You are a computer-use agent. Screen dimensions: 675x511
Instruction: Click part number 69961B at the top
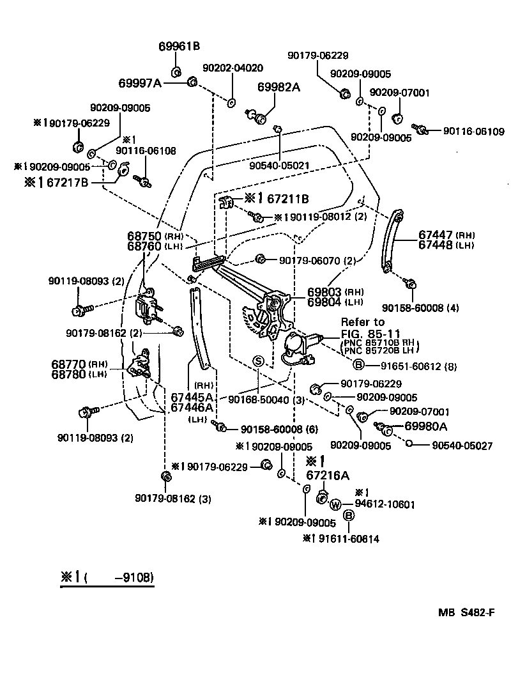click(x=179, y=46)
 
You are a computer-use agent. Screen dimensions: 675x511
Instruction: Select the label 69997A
click(x=141, y=83)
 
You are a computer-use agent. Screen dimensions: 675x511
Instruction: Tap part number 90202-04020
click(x=233, y=68)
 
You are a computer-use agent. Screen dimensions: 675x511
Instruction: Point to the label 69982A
click(x=278, y=87)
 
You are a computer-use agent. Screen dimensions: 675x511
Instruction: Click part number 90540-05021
click(x=280, y=165)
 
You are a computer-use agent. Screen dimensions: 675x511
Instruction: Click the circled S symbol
click(x=258, y=361)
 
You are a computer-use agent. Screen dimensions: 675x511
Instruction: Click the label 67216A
click(x=328, y=475)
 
